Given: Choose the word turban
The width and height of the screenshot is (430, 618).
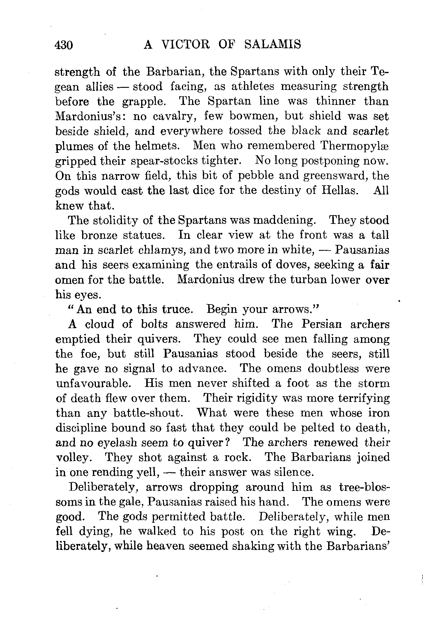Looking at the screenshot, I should (x=306, y=280).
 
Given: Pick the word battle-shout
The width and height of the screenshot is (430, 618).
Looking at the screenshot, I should (x=148, y=413).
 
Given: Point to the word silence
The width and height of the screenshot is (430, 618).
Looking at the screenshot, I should (x=294, y=472).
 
